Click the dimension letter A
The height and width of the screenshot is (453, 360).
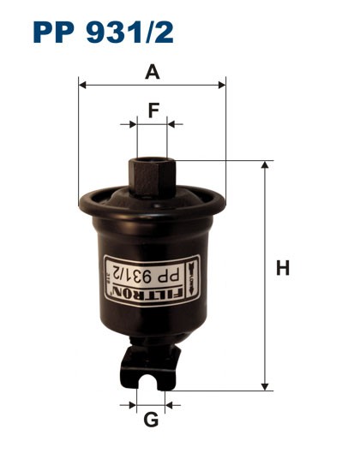pos(153,72)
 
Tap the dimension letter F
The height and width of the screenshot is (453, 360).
pos(153,110)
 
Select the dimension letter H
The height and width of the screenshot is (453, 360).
pos(283,269)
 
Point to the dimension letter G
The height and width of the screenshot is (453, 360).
pos(151,420)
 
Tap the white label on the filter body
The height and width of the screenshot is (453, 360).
pos(152,278)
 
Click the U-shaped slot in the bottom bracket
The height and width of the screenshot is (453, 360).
pos(152,378)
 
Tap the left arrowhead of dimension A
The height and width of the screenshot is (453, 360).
pos(82,84)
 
